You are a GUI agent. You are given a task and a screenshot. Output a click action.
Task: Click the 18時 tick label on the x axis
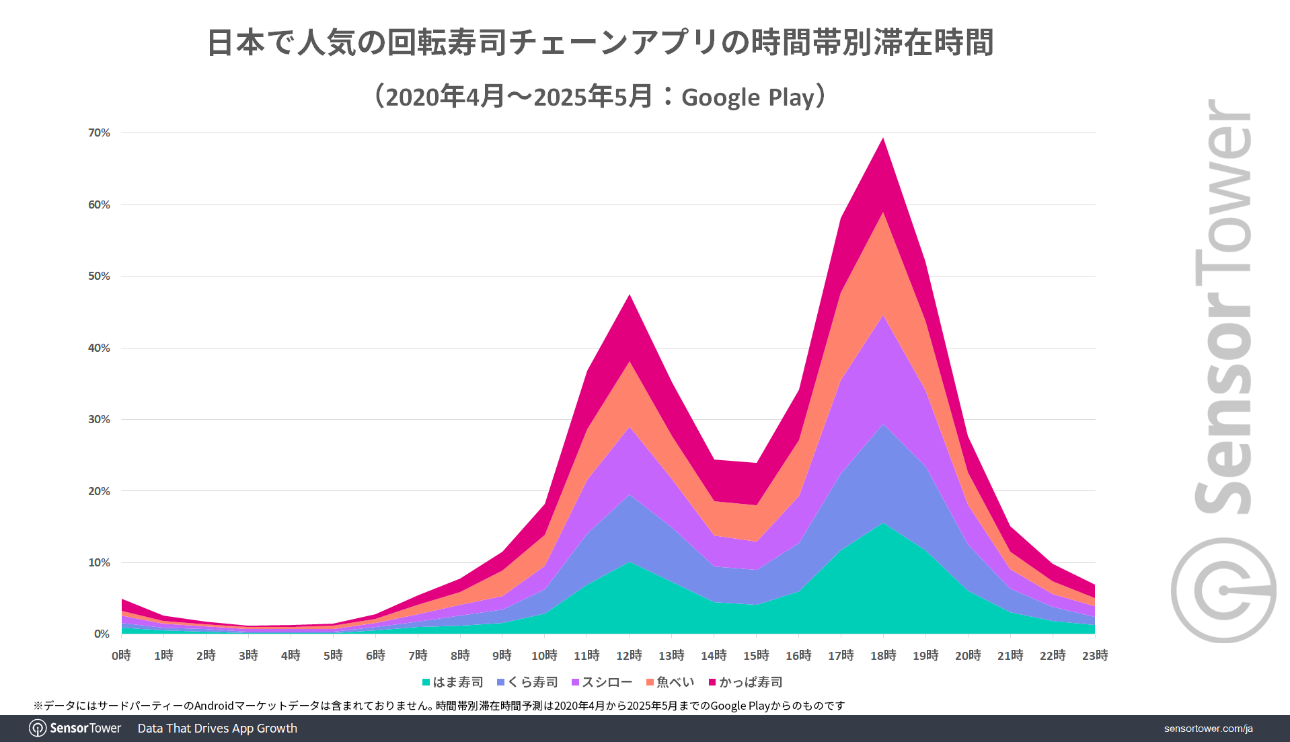[x=883, y=655]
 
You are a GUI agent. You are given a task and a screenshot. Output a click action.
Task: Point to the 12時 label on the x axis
[x=629, y=655]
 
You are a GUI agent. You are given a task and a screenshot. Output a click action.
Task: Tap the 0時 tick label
[x=121, y=655]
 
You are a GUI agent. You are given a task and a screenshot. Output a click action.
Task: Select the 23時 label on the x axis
[x=1095, y=655]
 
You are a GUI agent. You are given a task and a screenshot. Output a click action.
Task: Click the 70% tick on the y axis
[x=99, y=133]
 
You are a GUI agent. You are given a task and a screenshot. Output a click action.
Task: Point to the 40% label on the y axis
[x=99, y=348]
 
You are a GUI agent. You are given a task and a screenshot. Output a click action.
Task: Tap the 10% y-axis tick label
[x=99, y=562]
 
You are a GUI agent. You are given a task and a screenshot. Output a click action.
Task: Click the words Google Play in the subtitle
[x=748, y=98]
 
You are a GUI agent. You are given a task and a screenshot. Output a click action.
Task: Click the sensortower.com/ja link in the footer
[x=1208, y=729]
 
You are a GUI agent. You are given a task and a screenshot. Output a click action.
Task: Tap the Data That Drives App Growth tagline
[x=217, y=729]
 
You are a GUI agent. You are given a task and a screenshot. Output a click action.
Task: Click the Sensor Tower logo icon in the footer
[x=38, y=729]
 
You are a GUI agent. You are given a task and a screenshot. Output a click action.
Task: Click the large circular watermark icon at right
[x=1223, y=590]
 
